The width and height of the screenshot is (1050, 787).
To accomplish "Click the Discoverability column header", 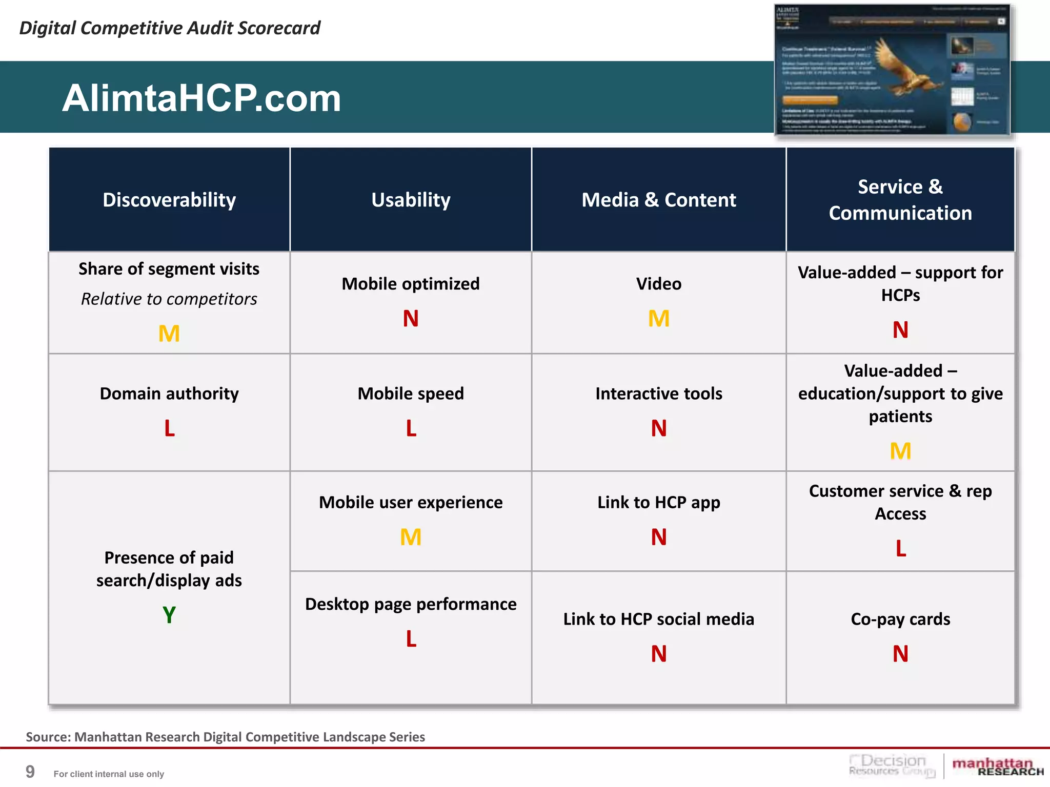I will pyautogui.click(x=169, y=200).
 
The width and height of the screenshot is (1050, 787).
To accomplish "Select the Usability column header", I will pyautogui.click(x=411, y=200).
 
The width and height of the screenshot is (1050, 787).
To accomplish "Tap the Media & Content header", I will pyautogui.click(x=658, y=200).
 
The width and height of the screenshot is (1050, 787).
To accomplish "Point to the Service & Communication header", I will pyautogui.click(x=900, y=200).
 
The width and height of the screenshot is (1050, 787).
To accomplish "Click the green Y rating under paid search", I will pyautogui.click(x=169, y=614).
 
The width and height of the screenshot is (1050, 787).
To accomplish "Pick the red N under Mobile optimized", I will pyautogui.click(x=411, y=319).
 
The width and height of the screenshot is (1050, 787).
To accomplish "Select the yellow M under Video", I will pyautogui.click(x=658, y=319).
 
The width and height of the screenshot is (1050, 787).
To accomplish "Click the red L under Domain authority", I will pyautogui.click(x=169, y=428).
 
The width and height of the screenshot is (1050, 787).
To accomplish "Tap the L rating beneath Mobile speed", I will pyautogui.click(x=411, y=428).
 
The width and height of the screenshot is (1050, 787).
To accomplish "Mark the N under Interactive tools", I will pyautogui.click(x=658, y=428).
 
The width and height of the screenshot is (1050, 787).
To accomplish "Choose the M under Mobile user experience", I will pyautogui.click(x=411, y=537).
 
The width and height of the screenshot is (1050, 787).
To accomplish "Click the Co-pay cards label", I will pyautogui.click(x=900, y=619).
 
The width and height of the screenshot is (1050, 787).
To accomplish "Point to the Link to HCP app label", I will pyautogui.click(x=658, y=502).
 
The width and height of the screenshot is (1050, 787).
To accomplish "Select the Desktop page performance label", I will pyautogui.click(x=411, y=604).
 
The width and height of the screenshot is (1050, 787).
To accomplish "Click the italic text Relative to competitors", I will pyautogui.click(x=169, y=299).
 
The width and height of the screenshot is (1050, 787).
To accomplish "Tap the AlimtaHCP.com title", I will pyautogui.click(x=201, y=98).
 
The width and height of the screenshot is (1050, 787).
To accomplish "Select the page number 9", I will pyautogui.click(x=30, y=772).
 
